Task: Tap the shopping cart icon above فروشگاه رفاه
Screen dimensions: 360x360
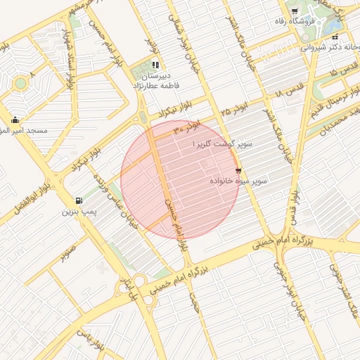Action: (x=295, y=11)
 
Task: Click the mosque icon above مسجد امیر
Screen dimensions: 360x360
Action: (x=15, y=120)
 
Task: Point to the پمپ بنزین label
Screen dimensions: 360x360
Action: (x=78, y=211)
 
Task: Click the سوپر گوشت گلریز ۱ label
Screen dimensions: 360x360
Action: (x=222, y=143)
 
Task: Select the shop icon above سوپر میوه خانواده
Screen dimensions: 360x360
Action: (x=238, y=171)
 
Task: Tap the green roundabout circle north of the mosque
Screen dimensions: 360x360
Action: (x=20, y=84)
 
